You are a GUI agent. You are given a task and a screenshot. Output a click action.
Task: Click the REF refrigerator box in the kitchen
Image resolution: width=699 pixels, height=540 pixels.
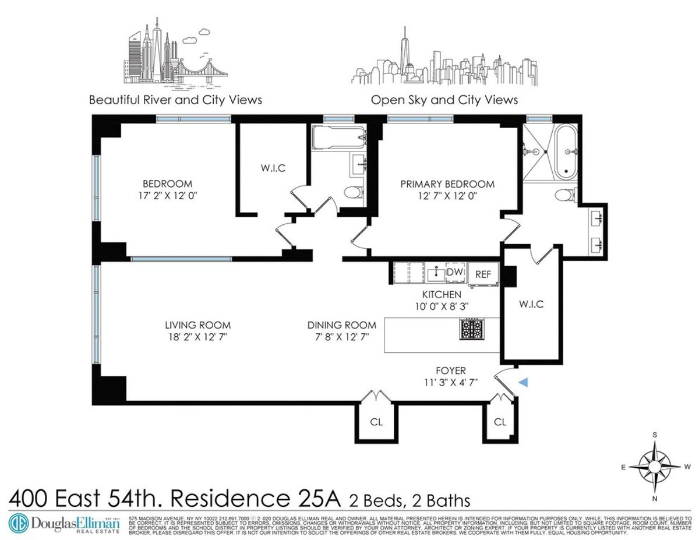483,274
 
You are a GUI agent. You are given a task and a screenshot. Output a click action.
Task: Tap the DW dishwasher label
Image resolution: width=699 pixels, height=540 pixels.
454,271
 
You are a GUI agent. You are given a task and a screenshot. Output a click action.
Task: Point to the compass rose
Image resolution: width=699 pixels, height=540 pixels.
655,466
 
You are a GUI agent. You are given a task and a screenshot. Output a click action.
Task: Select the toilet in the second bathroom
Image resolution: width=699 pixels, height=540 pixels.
351,192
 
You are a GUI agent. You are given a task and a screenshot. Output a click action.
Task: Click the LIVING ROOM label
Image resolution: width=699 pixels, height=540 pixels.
197,325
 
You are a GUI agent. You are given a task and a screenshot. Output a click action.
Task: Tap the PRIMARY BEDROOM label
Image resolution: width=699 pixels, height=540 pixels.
447,184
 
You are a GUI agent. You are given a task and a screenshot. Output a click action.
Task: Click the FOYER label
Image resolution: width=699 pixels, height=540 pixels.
451,370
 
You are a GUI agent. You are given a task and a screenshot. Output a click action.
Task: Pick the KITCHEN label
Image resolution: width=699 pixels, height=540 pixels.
442,295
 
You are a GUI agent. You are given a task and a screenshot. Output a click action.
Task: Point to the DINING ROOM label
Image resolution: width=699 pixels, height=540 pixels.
342,325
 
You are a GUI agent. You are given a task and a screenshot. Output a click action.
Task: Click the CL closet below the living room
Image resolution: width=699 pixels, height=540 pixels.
376,422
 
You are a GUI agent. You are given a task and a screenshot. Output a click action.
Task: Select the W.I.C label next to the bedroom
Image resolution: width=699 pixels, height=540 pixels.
272,168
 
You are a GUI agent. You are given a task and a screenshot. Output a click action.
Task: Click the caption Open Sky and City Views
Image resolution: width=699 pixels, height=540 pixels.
444,100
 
